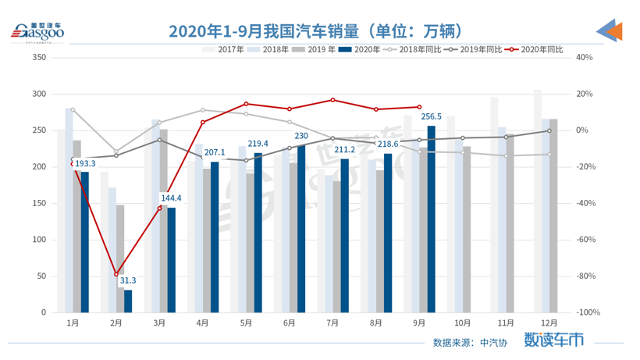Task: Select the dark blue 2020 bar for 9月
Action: (432, 219)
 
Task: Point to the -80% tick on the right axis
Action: (587, 276)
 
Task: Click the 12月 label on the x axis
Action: (548, 323)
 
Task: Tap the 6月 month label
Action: (290, 323)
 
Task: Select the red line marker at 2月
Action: (116, 274)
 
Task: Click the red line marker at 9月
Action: (420, 107)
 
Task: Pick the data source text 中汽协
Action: (492, 342)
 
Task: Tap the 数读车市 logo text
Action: (553, 340)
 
